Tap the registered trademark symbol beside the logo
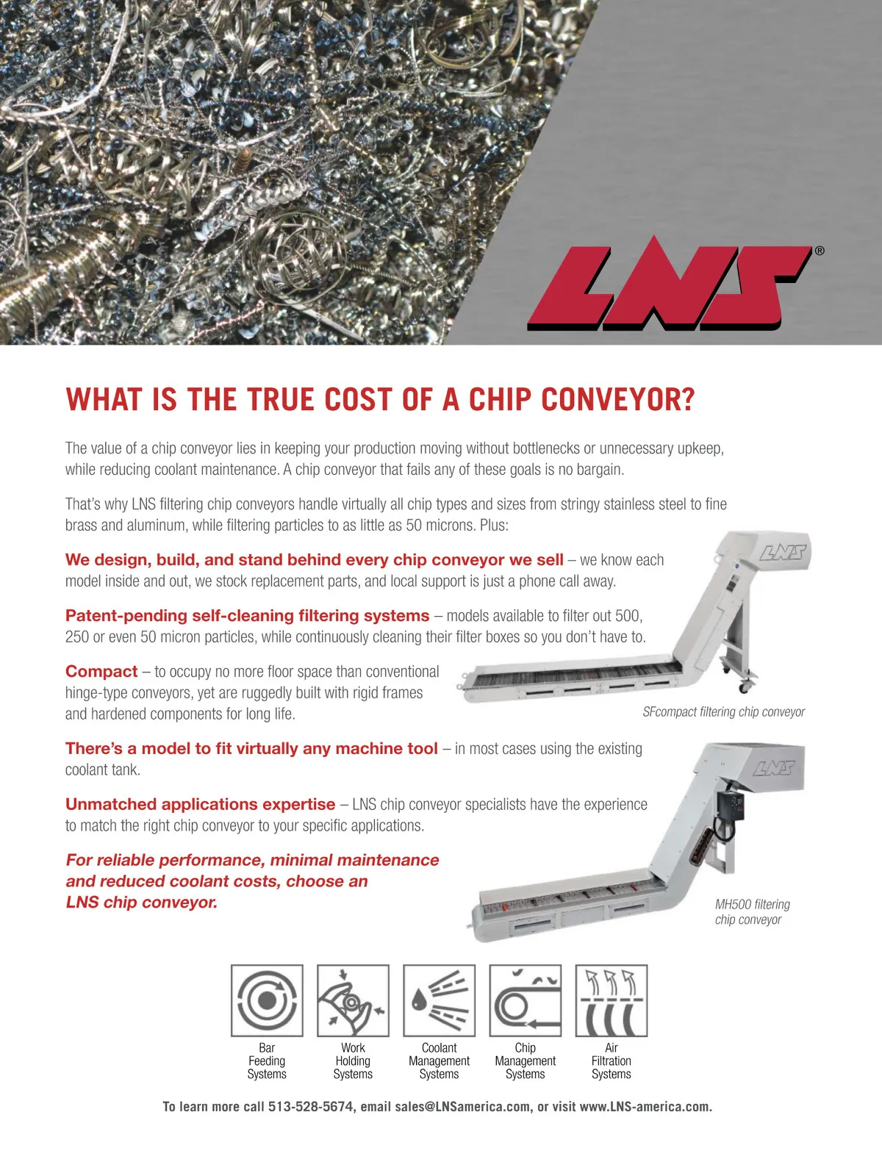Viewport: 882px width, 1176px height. (820, 251)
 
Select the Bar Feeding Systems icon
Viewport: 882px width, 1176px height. (267, 1000)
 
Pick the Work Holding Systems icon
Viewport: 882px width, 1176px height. (353, 1000)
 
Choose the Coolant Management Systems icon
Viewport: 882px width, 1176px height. (439, 1000)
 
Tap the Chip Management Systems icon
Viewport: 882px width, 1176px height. (525, 1000)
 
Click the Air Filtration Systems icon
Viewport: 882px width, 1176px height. (611, 1000)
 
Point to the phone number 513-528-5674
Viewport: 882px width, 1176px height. (310, 1106)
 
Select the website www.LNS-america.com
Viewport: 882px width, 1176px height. (645, 1106)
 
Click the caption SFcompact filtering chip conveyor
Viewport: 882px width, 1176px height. (723, 711)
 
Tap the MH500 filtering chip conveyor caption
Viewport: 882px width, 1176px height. (751, 911)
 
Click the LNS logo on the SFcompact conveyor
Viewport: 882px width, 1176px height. (783, 552)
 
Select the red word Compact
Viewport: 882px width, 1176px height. (101, 671)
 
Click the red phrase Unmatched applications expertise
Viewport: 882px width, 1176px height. (200, 804)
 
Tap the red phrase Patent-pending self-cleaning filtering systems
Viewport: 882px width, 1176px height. (247, 615)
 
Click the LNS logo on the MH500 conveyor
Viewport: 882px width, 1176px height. (774, 768)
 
